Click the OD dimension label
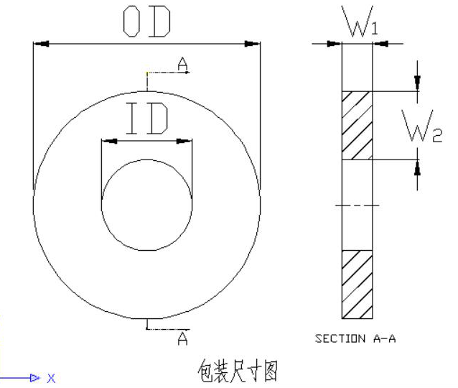click(146, 23)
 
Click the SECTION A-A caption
click(355, 339)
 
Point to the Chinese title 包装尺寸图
click(237, 371)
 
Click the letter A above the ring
click(183, 65)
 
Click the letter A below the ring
click(182, 336)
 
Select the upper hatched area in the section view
click(357, 125)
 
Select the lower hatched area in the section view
click(357, 283)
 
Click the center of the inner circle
click(147, 204)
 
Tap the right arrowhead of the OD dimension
click(252, 44)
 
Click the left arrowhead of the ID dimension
click(108, 141)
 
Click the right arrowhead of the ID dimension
click(186, 141)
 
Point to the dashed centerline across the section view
click(357, 206)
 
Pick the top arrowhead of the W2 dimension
click(417, 84)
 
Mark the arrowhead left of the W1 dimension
click(335, 44)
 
